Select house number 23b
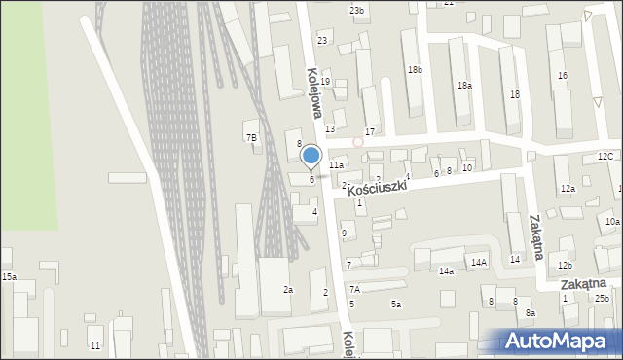pyautogui.click(x=357, y=10)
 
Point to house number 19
pyautogui.click(x=326, y=81)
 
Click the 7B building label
pyautogui.click(x=251, y=137)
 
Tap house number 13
pyautogui.click(x=330, y=128)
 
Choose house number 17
pyautogui.click(x=370, y=131)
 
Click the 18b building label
pyautogui.click(x=416, y=69)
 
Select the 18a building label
pyautogui.click(x=465, y=86)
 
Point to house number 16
pyautogui.click(x=562, y=75)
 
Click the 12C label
pyautogui.click(x=605, y=156)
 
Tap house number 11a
pyautogui.click(x=336, y=165)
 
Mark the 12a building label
pyautogui.click(x=568, y=188)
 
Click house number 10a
pyautogui.click(x=612, y=222)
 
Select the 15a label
pyautogui.click(x=9, y=277)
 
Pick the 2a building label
pyautogui.click(x=288, y=290)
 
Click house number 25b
pyautogui.click(x=602, y=298)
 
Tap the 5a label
pyautogui.click(x=396, y=305)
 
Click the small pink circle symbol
pyautogui.click(x=358, y=141)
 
